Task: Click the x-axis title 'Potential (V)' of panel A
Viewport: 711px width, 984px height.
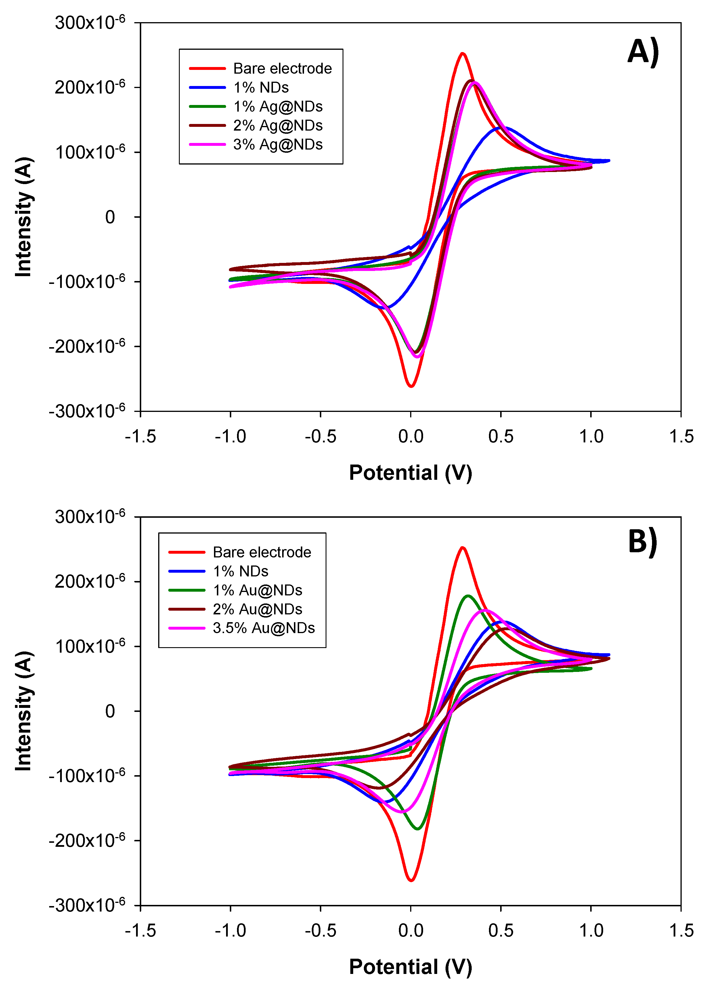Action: point(410,473)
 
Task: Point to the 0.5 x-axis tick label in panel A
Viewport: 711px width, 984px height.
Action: point(501,436)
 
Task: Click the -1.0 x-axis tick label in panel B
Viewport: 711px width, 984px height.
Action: point(230,930)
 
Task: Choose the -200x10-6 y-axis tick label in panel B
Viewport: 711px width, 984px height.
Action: point(87,841)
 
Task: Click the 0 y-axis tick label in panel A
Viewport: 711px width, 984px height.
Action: point(110,217)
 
